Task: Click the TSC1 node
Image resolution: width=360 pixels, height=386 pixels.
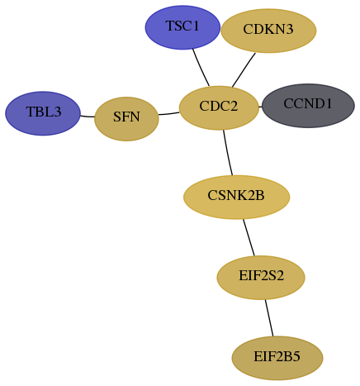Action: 182,27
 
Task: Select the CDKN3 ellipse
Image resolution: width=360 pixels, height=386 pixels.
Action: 268,31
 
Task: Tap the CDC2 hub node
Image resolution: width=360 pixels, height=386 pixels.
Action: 219,107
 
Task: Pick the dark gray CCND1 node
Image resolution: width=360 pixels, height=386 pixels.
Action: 308,106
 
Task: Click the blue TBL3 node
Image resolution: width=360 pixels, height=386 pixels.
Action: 43,113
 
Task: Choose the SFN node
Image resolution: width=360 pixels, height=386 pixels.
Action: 126,119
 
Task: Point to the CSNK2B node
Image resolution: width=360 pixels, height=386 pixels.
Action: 236,197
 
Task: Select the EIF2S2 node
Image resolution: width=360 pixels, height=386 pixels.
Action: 261,278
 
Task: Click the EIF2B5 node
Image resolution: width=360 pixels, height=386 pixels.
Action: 277,358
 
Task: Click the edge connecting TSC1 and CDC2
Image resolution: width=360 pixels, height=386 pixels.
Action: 201,68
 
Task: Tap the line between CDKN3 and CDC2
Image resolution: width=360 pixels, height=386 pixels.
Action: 244,69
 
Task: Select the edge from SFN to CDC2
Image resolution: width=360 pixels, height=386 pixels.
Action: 169,113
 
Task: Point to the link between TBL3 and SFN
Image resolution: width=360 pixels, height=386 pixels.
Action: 88,117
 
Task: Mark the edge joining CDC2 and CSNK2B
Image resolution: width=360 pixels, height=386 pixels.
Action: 228,152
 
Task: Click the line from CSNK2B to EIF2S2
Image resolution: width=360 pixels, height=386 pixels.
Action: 249,237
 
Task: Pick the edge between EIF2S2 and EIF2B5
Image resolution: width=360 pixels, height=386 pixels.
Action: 269,317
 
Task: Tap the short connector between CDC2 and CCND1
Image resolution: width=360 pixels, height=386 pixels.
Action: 260,107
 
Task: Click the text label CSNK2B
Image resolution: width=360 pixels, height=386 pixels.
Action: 236,195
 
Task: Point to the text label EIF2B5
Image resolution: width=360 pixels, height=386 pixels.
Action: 277,356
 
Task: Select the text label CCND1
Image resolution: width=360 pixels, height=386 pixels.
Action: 308,103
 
